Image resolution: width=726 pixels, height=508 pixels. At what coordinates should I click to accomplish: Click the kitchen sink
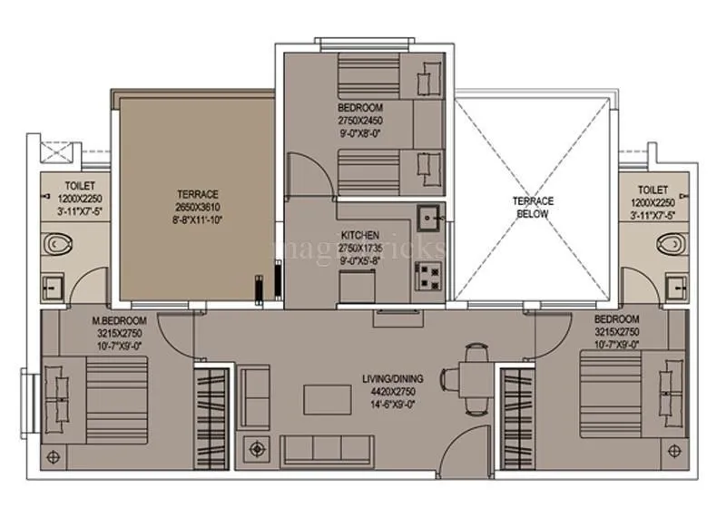coord(429,218)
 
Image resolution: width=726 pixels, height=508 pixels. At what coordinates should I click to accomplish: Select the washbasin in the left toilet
coord(51,288)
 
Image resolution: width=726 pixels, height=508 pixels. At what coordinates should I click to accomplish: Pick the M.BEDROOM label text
coord(113,322)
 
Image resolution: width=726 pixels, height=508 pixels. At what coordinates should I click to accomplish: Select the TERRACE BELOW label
coord(533,207)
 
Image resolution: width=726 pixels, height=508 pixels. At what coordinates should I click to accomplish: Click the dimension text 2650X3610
coord(198,207)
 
